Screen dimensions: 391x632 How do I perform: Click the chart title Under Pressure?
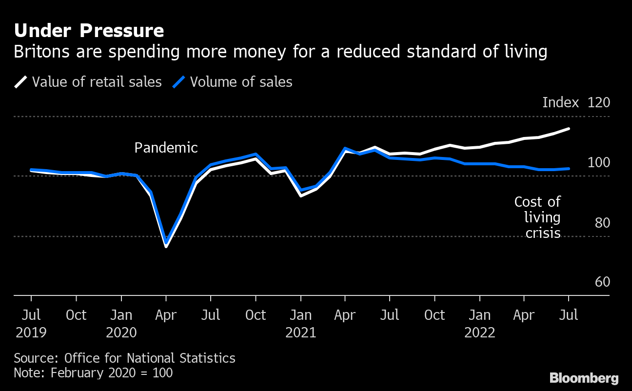(x=89, y=31)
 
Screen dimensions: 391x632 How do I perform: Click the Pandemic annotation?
(x=166, y=148)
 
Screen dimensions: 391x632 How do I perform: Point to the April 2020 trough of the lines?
(x=166, y=244)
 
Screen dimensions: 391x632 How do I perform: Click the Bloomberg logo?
(x=584, y=378)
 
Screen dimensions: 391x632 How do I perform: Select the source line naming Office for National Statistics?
(x=124, y=358)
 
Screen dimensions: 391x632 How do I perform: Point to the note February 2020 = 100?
(x=93, y=373)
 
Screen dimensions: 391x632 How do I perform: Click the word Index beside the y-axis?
(x=560, y=103)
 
